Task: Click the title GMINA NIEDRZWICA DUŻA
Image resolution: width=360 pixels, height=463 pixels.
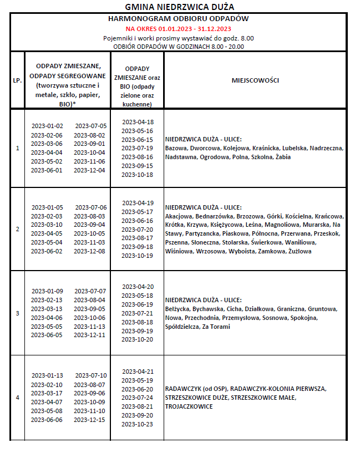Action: (x=180, y=7)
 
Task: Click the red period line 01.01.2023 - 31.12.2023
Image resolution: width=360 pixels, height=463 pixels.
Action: (x=179, y=28)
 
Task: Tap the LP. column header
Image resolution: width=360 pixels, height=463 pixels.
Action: (x=17, y=80)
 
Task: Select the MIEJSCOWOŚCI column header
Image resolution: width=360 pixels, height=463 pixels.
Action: (x=255, y=80)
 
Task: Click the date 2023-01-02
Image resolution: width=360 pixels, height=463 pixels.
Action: (x=47, y=126)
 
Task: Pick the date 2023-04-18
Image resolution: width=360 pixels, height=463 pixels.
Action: (x=138, y=122)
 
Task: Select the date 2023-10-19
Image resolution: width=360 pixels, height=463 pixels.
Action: (x=138, y=256)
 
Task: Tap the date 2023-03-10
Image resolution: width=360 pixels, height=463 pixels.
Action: (x=47, y=225)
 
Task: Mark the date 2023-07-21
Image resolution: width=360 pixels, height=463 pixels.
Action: (x=138, y=313)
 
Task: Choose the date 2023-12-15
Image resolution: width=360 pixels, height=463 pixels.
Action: (x=90, y=419)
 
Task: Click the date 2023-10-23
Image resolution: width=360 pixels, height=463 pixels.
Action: (x=138, y=424)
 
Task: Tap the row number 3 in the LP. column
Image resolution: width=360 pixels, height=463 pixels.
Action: (x=17, y=313)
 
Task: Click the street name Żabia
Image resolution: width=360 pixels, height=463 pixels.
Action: (x=283, y=157)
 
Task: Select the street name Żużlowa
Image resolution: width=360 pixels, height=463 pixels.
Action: (x=300, y=251)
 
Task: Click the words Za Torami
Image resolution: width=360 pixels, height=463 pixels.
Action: (x=216, y=327)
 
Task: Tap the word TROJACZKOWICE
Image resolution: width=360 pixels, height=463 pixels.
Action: (x=189, y=406)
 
